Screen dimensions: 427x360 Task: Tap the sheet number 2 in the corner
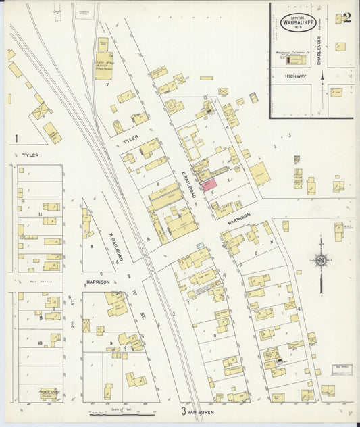click(x=346, y=18)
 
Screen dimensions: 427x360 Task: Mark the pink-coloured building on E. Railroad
click(x=209, y=182)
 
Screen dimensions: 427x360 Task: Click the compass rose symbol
click(x=321, y=261)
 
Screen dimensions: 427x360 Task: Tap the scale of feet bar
click(x=115, y=414)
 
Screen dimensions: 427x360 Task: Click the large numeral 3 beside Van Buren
click(x=183, y=410)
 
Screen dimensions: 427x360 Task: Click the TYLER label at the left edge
click(x=30, y=155)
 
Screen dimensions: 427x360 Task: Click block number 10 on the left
click(x=39, y=343)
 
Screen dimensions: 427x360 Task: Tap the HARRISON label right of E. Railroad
click(x=239, y=218)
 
